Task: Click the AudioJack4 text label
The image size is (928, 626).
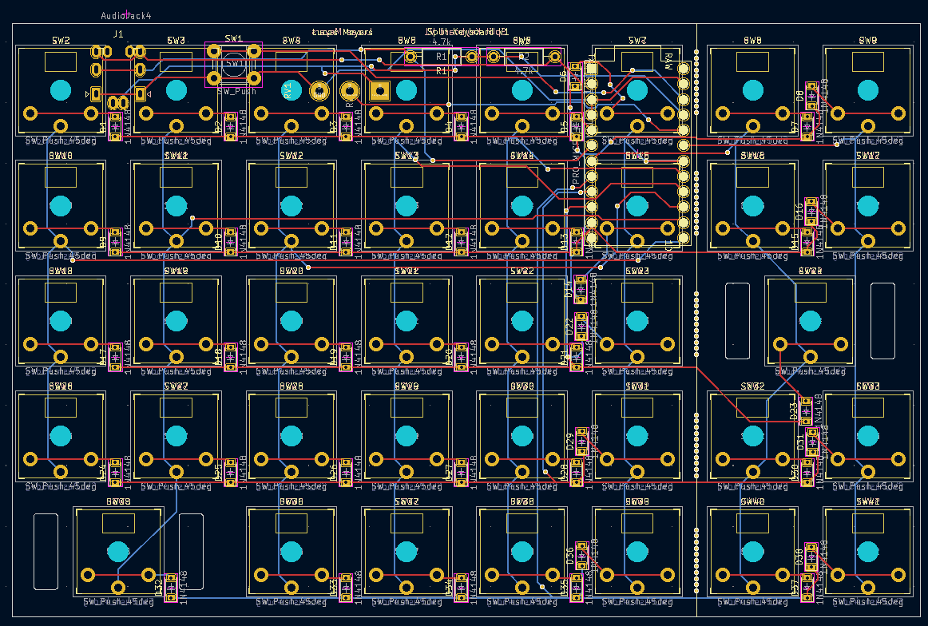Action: [127, 15]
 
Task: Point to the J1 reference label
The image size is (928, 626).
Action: [118, 34]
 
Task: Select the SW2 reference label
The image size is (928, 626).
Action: [61, 40]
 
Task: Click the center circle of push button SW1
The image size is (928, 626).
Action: [233, 64]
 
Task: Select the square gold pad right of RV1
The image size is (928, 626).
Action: [379, 91]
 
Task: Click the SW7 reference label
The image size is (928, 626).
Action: [637, 40]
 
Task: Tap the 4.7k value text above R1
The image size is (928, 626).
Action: [442, 41]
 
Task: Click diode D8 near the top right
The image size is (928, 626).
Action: [811, 93]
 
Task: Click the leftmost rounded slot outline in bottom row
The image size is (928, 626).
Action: [46, 552]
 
